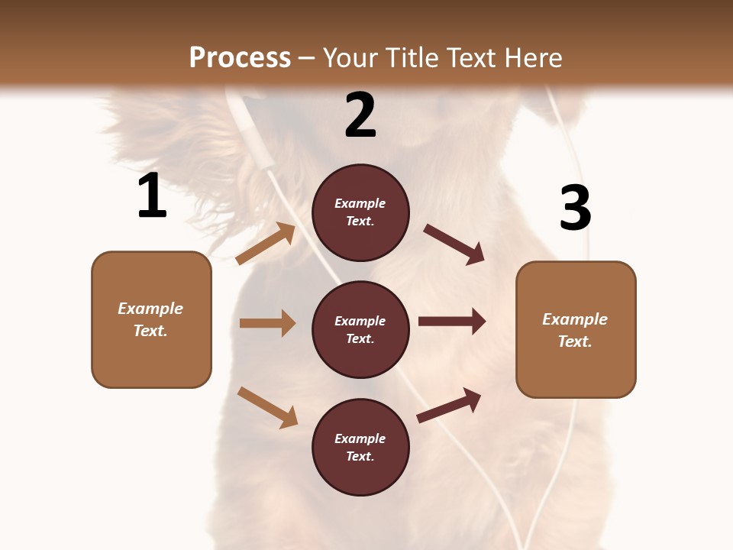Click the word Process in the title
(x=240, y=58)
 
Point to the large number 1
(x=152, y=196)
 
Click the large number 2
(x=360, y=115)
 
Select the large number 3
(x=575, y=208)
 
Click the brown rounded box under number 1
(x=151, y=319)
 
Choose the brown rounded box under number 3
(x=576, y=330)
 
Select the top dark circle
(x=360, y=212)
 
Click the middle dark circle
(x=360, y=329)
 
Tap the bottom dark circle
(x=360, y=447)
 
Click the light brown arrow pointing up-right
(x=266, y=243)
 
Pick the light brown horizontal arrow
(x=267, y=323)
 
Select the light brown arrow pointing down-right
(x=267, y=407)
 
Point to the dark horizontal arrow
(x=452, y=322)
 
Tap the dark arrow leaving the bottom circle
(x=449, y=406)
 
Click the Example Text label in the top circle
(x=360, y=212)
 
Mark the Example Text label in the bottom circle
(x=360, y=448)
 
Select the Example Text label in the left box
(x=150, y=319)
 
